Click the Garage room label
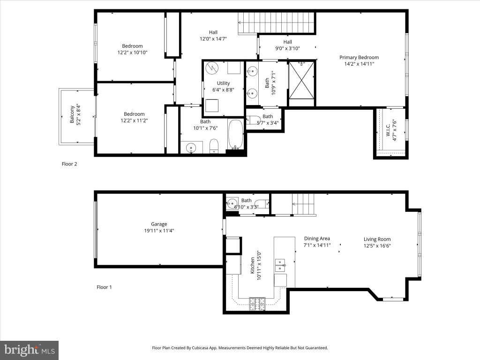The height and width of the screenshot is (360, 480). click(159, 224)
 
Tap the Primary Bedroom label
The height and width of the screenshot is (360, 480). click(359, 57)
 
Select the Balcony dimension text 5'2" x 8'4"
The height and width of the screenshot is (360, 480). click(79, 114)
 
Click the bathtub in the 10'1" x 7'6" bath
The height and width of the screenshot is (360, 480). click(235, 135)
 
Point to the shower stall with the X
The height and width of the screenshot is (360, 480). click(301, 80)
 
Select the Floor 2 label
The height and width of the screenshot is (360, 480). click(69, 164)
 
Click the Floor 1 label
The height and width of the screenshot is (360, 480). click(104, 287)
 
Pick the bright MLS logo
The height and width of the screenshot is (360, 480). click(30, 350)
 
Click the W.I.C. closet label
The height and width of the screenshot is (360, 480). click(388, 130)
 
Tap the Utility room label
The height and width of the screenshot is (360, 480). click(223, 83)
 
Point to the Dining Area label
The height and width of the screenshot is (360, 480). click(317, 239)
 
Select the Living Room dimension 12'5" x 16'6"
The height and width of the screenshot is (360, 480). click(377, 246)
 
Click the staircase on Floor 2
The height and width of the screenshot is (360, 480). click(277, 22)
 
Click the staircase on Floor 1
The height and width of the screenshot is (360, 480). click(303, 204)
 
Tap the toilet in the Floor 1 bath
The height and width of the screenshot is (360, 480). click(262, 203)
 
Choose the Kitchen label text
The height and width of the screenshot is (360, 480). click(253, 265)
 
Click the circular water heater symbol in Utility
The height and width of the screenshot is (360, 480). click(212, 68)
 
